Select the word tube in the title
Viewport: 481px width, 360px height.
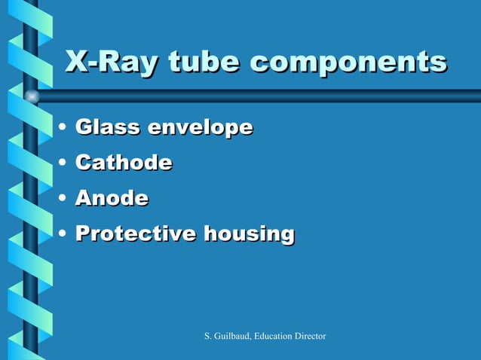204,63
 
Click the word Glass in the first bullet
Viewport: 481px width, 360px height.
108,127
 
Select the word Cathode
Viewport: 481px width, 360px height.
124,163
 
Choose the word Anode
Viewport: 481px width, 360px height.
112,198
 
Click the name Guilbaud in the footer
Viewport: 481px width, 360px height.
234,335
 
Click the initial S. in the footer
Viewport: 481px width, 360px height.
209,335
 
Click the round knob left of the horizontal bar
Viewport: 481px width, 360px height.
32,96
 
